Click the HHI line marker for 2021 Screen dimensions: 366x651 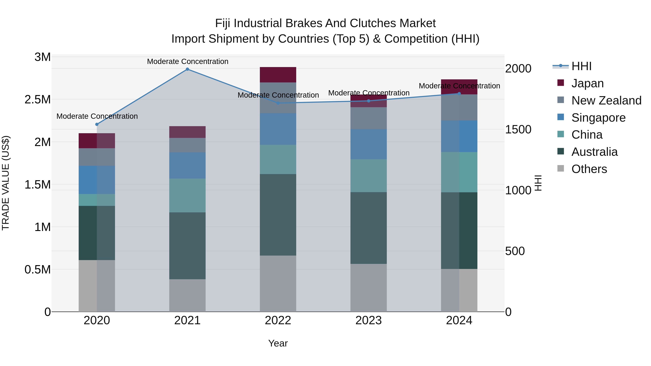(x=187, y=69)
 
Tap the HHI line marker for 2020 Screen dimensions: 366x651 (x=97, y=124)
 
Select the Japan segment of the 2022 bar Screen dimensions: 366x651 (x=278, y=75)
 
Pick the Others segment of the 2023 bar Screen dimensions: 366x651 (x=369, y=288)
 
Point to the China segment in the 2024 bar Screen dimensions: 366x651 (x=459, y=172)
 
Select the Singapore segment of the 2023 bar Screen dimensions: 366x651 (x=369, y=144)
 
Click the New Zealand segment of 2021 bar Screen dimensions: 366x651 (x=187, y=145)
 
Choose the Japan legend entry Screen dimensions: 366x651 (x=587, y=83)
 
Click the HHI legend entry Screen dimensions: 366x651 (x=581, y=66)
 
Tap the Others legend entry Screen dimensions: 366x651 (x=589, y=169)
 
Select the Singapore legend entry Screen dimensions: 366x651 (x=598, y=118)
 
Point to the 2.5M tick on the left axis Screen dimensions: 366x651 (x=38, y=100)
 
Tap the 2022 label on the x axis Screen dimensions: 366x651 (x=278, y=320)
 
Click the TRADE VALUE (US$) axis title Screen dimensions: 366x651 (x=6, y=183)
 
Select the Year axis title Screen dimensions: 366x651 (x=278, y=343)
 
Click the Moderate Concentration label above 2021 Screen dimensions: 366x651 (x=188, y=61)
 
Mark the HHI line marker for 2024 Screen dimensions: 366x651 (x=459, y=93)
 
